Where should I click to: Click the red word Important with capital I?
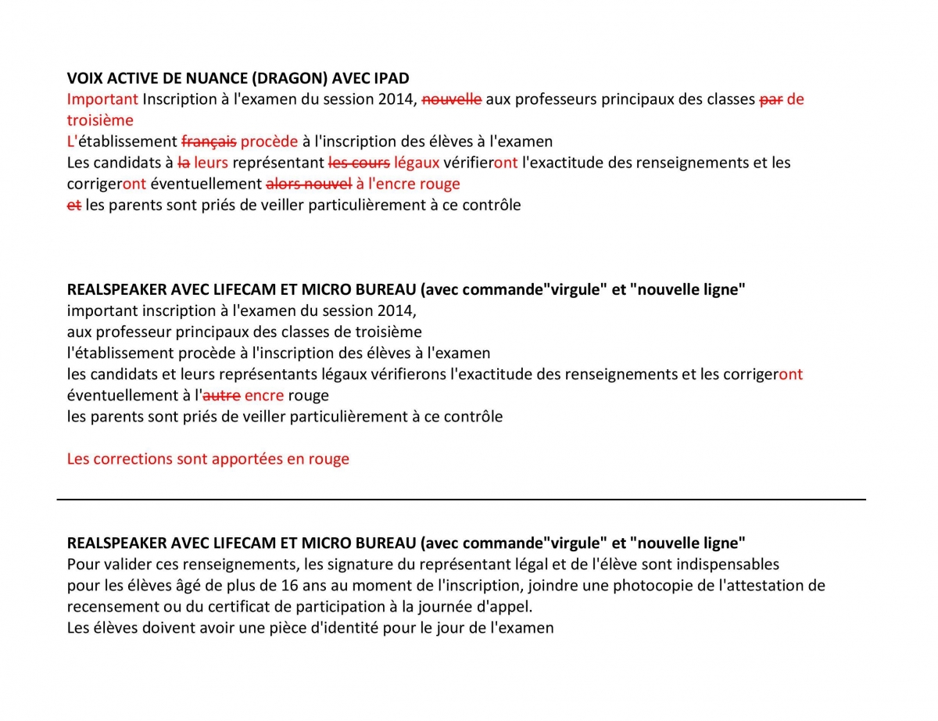tap(102, 99)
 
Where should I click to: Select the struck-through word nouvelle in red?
tap(452, 99)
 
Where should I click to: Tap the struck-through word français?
tap(209, 142)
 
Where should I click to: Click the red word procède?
tap(269, 142)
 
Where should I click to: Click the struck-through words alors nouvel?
tap(309, 184)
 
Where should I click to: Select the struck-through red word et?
tap(74, 205)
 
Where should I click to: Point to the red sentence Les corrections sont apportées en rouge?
tap(208, 459)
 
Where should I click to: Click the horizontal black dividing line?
tap(461, 499)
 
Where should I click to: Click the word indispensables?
tap(721, 565)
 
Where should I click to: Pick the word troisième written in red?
tap(100, 120)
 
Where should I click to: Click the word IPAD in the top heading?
tap(390, 78)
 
